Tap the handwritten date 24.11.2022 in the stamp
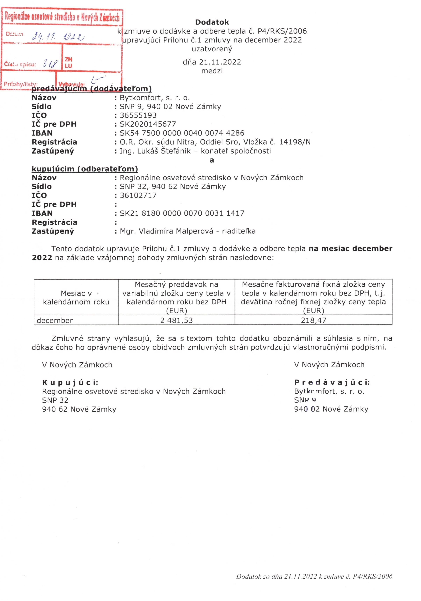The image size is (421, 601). (58, 37)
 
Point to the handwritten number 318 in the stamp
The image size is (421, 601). (50, 63)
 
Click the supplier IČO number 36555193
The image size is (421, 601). (138, 115)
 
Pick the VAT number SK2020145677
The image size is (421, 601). (148, 124)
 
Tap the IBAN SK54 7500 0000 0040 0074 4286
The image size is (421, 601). (182, 133)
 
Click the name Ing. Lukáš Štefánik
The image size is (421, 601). (155, 151)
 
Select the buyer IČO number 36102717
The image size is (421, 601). (138, 195)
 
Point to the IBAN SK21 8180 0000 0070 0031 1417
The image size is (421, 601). (182, 213)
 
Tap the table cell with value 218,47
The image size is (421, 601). (314, 320)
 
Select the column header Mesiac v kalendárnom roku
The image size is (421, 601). (76, 298)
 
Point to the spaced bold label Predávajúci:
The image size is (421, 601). (332, 382)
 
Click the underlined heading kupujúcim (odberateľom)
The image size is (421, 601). (85, 169)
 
